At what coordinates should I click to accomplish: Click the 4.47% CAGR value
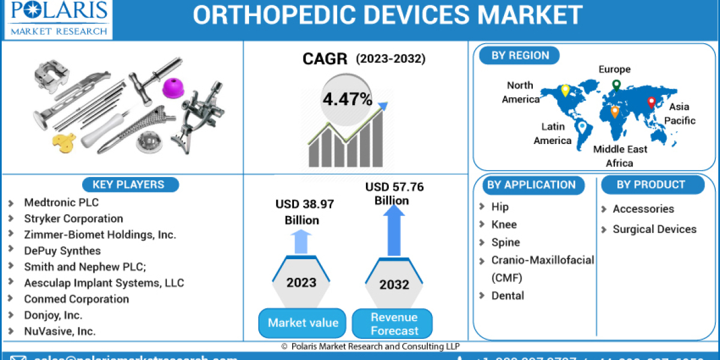coord(347,99)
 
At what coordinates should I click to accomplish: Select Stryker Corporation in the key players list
coord(73,218)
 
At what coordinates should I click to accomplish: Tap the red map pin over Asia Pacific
coord(652,103)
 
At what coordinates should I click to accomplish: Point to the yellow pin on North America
coord(565,91)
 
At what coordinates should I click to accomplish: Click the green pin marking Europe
coord(616,85)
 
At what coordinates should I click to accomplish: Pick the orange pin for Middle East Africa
coord(615,112)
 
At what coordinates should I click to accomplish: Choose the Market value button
coord(302,323)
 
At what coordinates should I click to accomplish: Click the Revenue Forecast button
coord(394,323)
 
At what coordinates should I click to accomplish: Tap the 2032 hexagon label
coord(395,284)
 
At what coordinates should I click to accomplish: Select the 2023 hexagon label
coord(302,282)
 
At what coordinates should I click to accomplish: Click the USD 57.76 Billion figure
coord(394,194)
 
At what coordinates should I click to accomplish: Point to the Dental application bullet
coord(508,295)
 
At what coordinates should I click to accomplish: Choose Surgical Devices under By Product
coord(654,229)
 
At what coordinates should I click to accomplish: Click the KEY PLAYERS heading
coord(127,185)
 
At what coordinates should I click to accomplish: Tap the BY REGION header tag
coord(520,56)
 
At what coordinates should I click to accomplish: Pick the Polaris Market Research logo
coord(58,19)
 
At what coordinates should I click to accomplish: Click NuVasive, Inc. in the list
coord(59,331)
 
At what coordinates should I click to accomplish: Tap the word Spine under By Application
coord(505,242)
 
